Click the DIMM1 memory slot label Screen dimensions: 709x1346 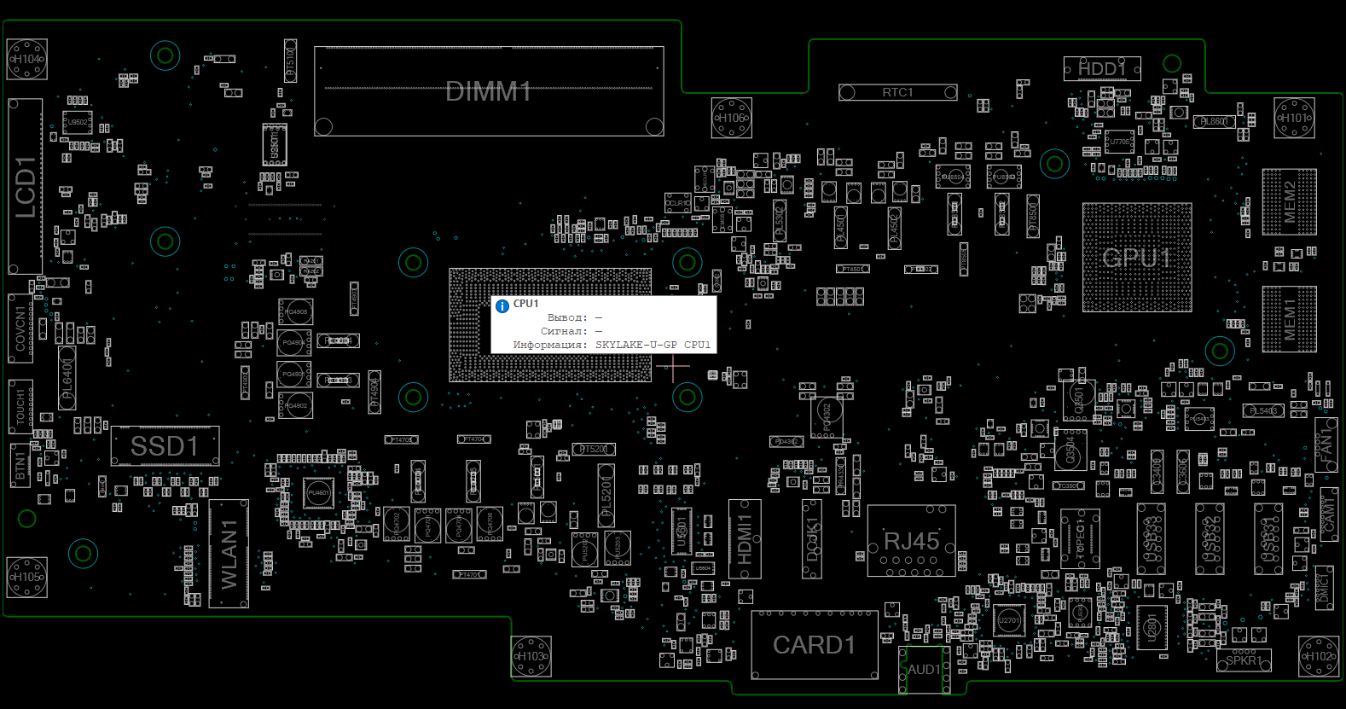489,91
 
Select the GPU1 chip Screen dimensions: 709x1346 1137,258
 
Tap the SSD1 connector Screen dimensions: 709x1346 165,446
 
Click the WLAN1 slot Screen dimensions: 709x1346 229,554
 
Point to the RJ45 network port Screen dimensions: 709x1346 911,541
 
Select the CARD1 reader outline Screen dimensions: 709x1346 815,645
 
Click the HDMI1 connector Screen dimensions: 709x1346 745,539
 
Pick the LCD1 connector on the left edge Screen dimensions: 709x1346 26,187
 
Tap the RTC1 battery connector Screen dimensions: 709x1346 897,92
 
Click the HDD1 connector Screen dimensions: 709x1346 1101,68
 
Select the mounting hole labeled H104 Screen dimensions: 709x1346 26,60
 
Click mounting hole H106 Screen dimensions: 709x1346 732,118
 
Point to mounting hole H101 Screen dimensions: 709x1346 1295,118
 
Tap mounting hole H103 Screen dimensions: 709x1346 531,657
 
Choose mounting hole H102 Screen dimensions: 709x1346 1319,657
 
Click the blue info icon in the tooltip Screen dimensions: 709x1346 502,305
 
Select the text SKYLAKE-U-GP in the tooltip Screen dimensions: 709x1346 636,345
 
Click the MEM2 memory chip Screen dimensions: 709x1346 1289,202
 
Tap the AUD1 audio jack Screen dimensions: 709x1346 924,670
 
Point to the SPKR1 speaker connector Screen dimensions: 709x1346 1243,660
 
